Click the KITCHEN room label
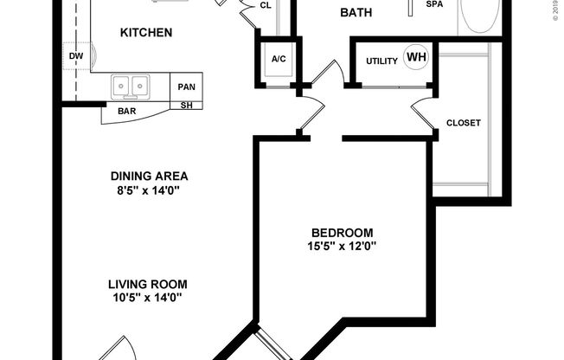[146, 33]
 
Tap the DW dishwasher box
[76, 58]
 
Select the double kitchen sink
[131, 86]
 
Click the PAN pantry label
[186, 87]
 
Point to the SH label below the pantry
[186, 106]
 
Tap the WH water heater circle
[417, 59]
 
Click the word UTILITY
[381, 61]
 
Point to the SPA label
[435, 4]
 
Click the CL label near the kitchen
[266, 5]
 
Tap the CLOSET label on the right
[462, 123]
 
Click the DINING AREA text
[148, 174]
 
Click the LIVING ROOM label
[148, 283]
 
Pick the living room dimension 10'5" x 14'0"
[148, 298]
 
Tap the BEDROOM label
[342, 232]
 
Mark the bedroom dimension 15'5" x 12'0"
[342, 246]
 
